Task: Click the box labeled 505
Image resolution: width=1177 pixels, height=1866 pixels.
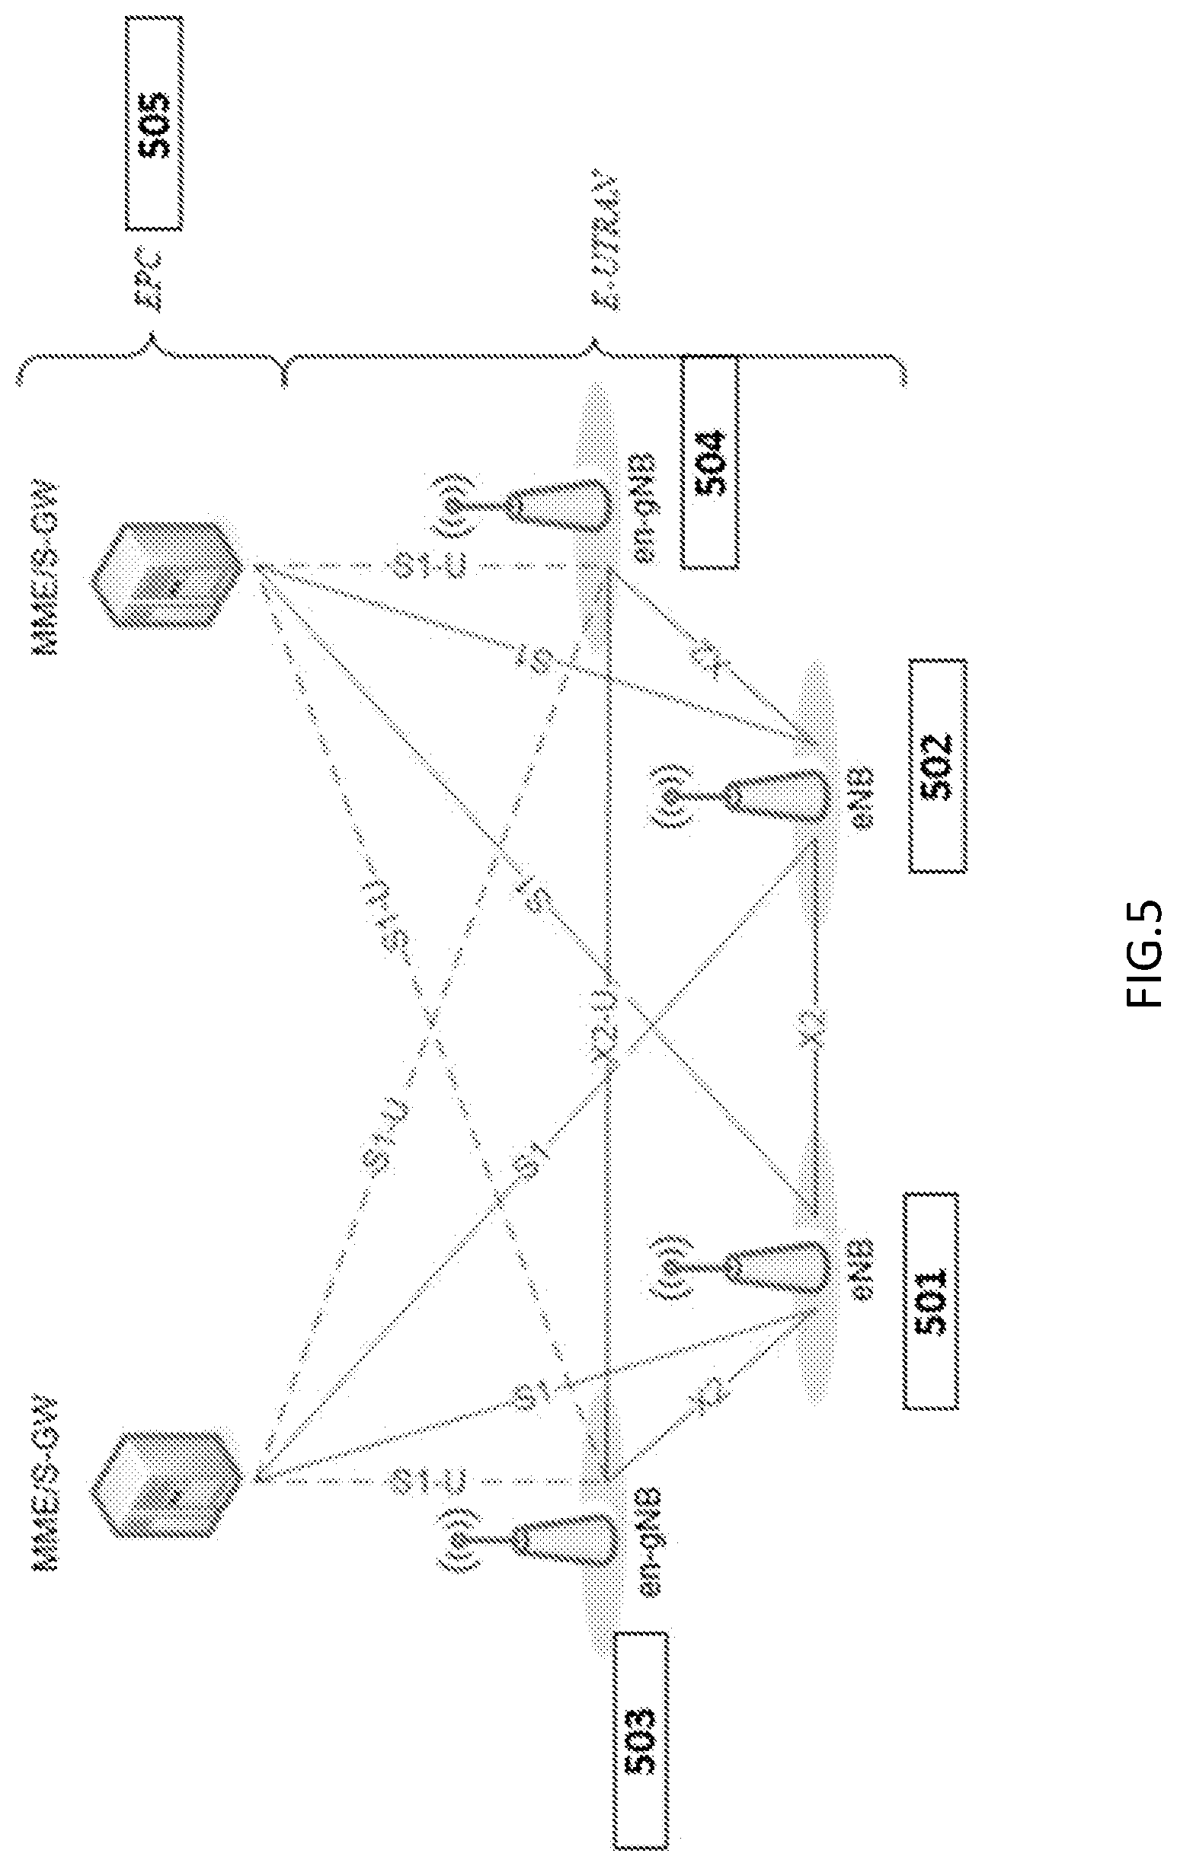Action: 155,123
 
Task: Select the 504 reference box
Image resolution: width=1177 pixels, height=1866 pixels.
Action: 709,463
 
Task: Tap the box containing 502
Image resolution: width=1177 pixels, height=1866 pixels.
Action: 938,766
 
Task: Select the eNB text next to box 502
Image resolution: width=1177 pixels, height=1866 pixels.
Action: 861,796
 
